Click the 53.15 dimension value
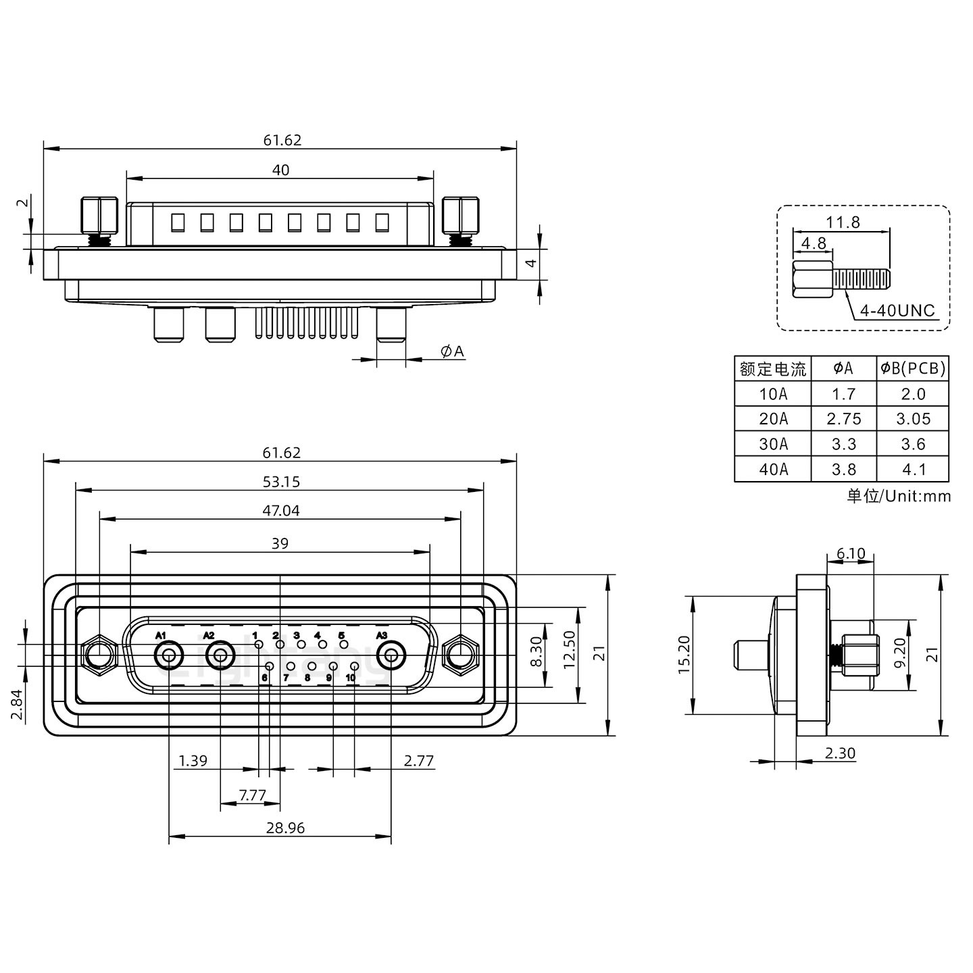pos(281,482)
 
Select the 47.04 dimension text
pos(281,511)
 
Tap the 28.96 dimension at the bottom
pos(286,828)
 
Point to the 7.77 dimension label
pos(253,795)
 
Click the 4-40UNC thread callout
pos(897,311)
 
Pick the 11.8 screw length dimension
pos(843,222)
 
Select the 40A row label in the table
pos(773,470)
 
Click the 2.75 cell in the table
pos(844,419)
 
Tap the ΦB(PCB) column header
pos(913,368)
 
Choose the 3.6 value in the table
pos(913,445)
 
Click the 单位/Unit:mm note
pos(899,496)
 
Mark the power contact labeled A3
pos(391,655)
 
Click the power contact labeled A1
pos(168,655)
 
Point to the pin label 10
pos(351,678)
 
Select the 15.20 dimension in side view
pos(684,655)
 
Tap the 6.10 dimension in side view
pos(850,554)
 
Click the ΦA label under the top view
pos(452,351)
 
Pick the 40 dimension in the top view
pos(280,170)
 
